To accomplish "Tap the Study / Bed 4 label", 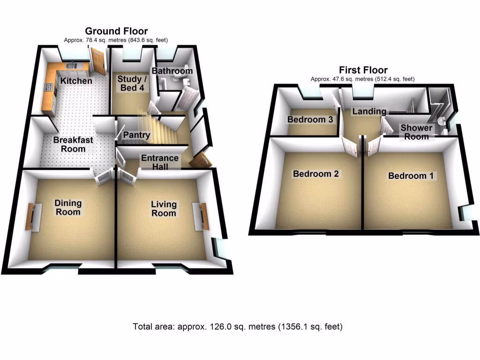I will pyautogui.click(x=132, y=83).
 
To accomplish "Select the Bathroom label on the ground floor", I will pyautogui.click(x=172, y=71).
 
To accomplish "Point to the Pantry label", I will pyautogui.click(x=136, y=135).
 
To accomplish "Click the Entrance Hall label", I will pyautogui.click(x=160, y=163).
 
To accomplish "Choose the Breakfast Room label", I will pyautogui.click(x=73, y=144).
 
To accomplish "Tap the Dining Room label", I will pyautogui.click(x=68, y=208).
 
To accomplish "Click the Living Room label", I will pyautogui.click(x=164, y=209).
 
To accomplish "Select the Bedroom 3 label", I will pyautogui.click(x=310, y=120).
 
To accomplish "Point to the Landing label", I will pyautogui.click(x=369, y=112).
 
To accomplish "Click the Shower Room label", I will pyautogui.click(x=416, y=132).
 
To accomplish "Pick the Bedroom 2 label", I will pyautogui.click(x=316, y=174).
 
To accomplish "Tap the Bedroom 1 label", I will pyautogui.click(x=412, y=176).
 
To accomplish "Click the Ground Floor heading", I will pyautogui.click(x=116, y=32).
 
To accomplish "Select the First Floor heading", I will pyautogui.click(x=364, y=71).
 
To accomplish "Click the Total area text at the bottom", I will pyautogui.click(x=238, y=327).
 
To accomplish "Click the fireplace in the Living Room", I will pyautogui.click(x=203, y=217).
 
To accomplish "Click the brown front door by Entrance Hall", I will pyautogui.click(x=201, y=160).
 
